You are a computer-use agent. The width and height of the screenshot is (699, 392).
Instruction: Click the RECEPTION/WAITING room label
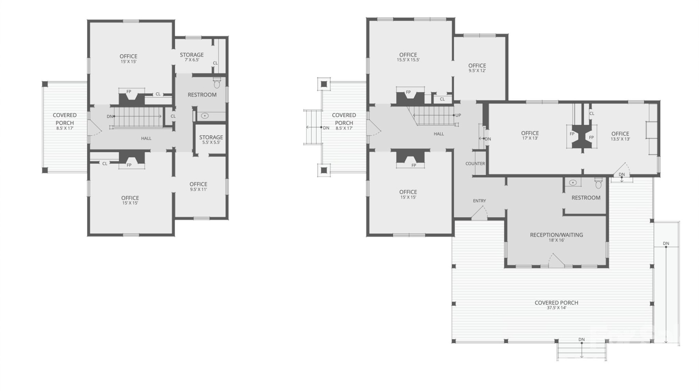click(x=556, y=235)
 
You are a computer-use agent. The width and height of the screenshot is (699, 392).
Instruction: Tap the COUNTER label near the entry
click(x=475, y=164)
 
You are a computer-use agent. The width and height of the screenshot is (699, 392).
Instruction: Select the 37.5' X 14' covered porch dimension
click(x=556, y=308)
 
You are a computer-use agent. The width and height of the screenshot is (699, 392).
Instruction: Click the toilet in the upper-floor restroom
click(x=217, y=84)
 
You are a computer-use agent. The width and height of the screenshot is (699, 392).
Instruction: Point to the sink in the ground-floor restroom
click(x=573, y=183)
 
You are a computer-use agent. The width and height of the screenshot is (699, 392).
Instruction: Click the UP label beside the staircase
click(x=458, y=115)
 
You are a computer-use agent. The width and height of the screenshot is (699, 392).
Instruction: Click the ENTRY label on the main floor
click(x=479, y=201)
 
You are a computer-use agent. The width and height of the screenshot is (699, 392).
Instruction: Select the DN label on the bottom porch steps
click(x=581, y=340)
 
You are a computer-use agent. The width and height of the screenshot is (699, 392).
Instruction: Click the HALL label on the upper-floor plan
click(x=146, y=138)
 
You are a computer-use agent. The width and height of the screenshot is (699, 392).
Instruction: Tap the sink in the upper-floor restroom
click(x=205, y=116)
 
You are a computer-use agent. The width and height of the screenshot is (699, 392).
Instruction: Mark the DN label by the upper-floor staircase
click(x=110, y=117)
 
